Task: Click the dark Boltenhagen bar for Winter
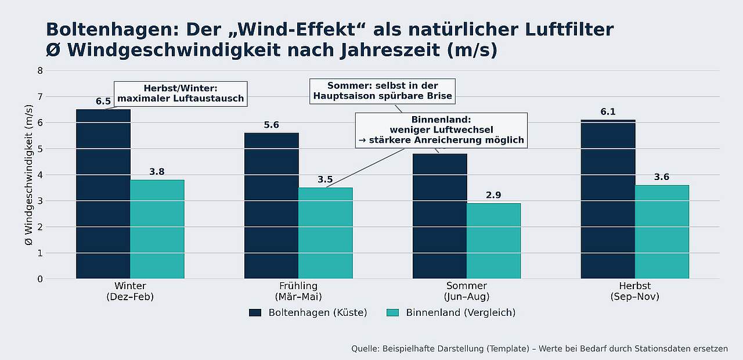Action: point(103,194)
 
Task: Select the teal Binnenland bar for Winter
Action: point(157,229)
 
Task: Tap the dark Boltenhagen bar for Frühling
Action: point(271,206)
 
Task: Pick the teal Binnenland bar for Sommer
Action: point(493,241)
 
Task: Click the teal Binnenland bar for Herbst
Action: point(662,232)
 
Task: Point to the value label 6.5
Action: point(103,102)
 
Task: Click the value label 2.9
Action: point(493,195)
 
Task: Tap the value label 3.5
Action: point(325,179)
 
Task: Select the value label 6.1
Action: point(608,112)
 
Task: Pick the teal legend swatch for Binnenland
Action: point(392,312)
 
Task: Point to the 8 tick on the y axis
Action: point(40,71)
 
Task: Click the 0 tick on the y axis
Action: point(40,279)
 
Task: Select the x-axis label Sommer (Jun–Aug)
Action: point(467,291)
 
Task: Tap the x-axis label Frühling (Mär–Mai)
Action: point(298,291)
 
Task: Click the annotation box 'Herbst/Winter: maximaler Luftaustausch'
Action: point(181,93)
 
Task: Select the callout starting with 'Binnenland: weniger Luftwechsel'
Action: point(441,130)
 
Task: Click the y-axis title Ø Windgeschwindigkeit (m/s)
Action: point(29,174)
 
